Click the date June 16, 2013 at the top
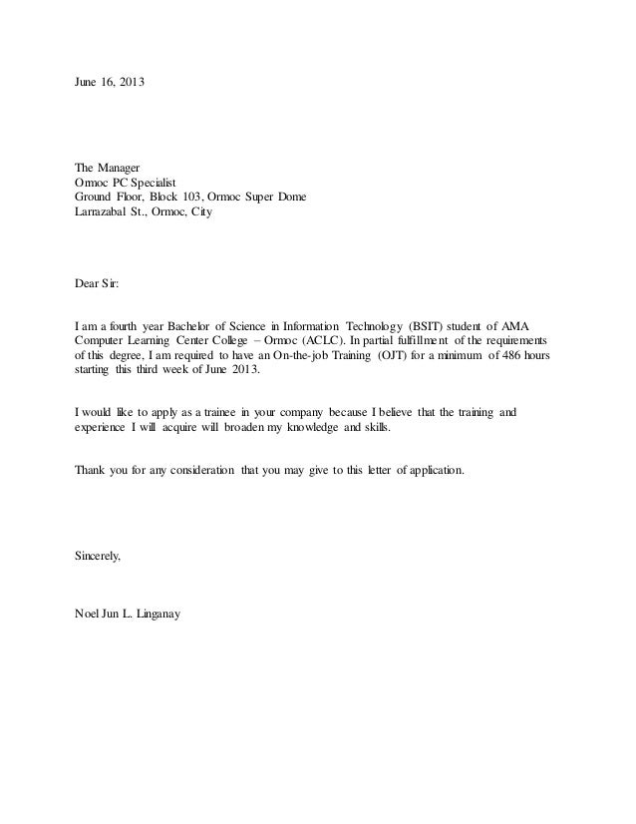click(110, 79)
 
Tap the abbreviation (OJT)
click(384, 356)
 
